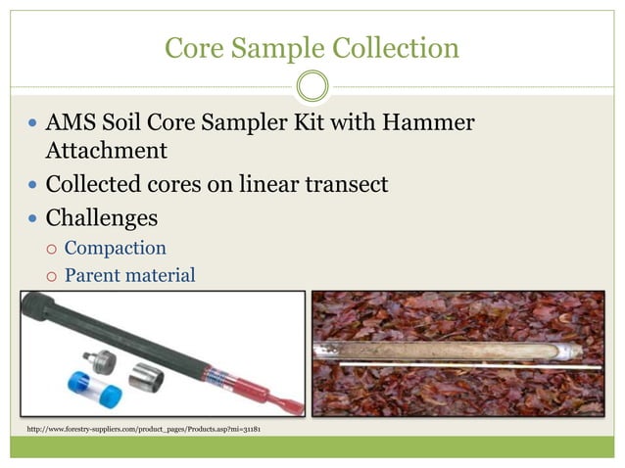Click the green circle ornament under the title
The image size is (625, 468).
click(x=312, y=86)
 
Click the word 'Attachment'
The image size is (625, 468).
click(x=106, y=151)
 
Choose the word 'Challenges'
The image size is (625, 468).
click(x=102, y=215)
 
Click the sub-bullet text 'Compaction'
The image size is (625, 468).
click(x=116, y=248)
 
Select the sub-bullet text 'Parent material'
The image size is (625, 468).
click(x=130, y=275)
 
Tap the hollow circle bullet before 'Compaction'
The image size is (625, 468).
click(x=53, y=249)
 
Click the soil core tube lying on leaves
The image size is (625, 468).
click(x=451, y=350)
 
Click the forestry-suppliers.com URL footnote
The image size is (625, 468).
click(x=143, y=429)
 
